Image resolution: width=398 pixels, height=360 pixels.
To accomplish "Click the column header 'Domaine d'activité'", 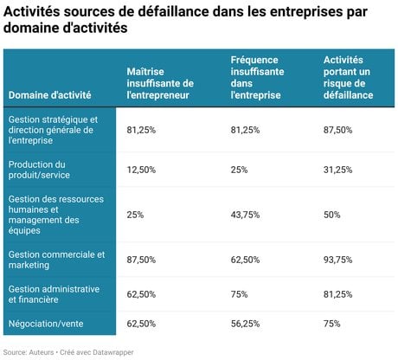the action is [49, 95].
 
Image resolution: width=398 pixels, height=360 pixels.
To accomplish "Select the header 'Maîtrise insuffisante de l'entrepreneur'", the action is [160, 83].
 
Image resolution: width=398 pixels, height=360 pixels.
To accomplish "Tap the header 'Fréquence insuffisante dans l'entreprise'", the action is [257, 77].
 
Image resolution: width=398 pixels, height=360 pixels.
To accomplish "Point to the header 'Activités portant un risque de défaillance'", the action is [348, 77].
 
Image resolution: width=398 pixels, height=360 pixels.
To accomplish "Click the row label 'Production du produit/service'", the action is [39, 170].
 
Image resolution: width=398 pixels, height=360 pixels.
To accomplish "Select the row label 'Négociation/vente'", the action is [46, 324].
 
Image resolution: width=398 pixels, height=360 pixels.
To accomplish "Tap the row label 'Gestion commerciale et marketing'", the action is [56, 260].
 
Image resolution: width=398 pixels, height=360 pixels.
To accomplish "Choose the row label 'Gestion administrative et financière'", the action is [54, 294].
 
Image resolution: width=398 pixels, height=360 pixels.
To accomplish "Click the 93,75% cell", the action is [337, 260].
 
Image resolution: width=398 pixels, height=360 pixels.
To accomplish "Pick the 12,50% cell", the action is [141, 170].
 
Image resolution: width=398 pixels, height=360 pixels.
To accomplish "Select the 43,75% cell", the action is [245, 215].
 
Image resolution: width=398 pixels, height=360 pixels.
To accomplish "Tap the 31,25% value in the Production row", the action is [337, 170].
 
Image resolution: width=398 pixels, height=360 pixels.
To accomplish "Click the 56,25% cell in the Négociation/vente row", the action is [245, 324].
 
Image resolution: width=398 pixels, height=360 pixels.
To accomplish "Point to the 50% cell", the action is [331, 215].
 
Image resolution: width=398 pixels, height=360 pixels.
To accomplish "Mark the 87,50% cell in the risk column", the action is [337, 130].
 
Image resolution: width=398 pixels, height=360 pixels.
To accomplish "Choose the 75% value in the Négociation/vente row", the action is [331, 324].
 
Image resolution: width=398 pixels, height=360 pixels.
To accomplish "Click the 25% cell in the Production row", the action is [239, 170].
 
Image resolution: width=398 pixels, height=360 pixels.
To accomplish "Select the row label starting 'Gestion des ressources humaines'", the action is [56, 215].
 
